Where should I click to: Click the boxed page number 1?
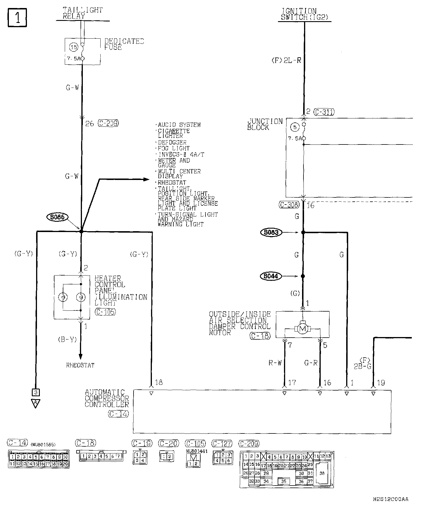(x=17, y=18)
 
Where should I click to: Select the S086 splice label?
(x=57, y=217)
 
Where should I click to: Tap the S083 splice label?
(x=271, y=232)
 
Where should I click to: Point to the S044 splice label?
(x=271, y=276)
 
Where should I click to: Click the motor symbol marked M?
(x=302, y=329)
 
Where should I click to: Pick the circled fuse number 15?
(x=74, y=47)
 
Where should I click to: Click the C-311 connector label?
(x=324, y=112)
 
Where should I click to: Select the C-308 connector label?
(x=289, y=205)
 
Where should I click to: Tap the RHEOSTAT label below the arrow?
(x=80, y=365)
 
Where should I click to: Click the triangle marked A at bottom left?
(x=36, y=403)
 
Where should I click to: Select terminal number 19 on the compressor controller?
(x=381, y=383)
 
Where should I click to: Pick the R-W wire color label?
(x=275, y=363)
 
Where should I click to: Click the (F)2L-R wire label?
(x=286, y=60)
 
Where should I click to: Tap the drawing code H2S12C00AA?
(x=391, y=499)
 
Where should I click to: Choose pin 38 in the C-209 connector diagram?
(x=322, y=473)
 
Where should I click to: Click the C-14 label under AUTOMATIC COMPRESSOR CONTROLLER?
(x=119, y=414)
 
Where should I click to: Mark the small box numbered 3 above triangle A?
(x=36, y=392)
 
